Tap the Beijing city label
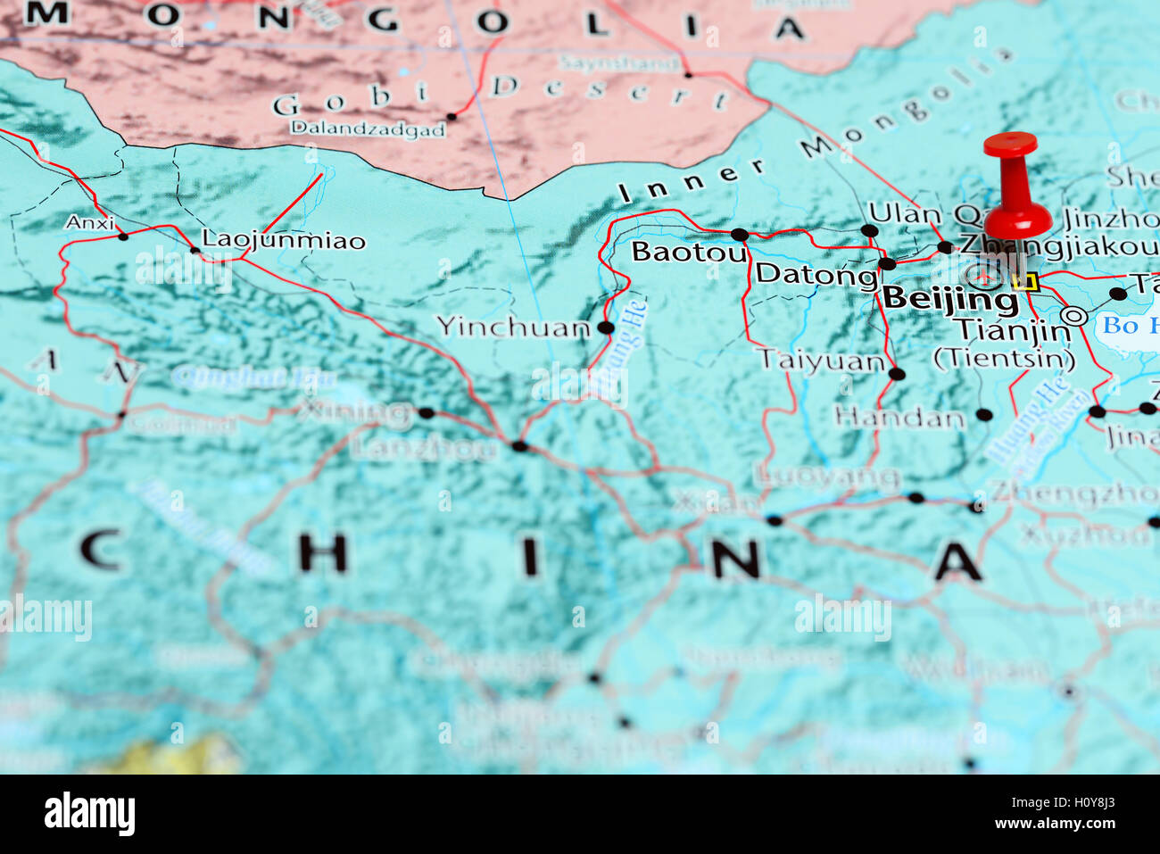pos(949,299)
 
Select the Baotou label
pos(688,253)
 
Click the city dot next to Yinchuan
pos(606,328)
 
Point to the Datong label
pos(816,274)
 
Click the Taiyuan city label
pos(820,361)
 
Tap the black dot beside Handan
pos(983,414)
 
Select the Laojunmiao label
pos(284,240)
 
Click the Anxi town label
pos(89,222)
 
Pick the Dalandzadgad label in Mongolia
pos(368,129)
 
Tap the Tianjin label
pos(1013,330)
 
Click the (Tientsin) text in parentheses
pos(1004,359)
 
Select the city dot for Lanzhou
pos(519,445)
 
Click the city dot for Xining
pos(426,412)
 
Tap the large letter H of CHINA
pos(322,553)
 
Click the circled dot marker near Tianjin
pos(1073,315)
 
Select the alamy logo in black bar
pos(89,814)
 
